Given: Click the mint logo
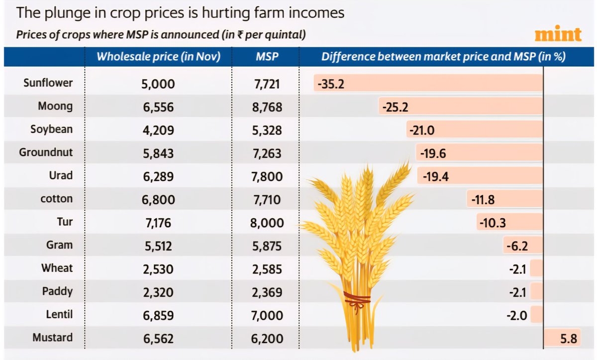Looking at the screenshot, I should click(x=558, y=34).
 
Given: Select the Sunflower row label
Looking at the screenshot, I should click(x=48, y=83).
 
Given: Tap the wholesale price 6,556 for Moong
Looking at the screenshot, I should click(x=157, y=107).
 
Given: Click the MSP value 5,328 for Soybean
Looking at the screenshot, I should click(x=268, y=130).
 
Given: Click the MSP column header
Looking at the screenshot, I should click(x=267, y=57).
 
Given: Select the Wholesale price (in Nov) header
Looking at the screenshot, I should click(x=158, y=57).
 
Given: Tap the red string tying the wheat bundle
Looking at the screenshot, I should click(x=357, y=299).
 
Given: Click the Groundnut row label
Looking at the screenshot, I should click(x=46, y=153).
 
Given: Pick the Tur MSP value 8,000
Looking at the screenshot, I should click(x=268, y=223).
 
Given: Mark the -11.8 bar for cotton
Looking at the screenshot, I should click(x=505, y=199).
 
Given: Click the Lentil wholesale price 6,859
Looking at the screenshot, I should click(x=157, y=315).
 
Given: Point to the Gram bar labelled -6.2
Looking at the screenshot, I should click(x=522, y=246).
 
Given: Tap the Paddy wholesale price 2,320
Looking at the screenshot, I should click(x=157, y=292).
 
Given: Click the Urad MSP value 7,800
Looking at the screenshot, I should click(x=268, y=176).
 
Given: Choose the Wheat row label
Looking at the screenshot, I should click(x=57, y=268).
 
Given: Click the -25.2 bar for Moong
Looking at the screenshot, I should click(x=460, y=106).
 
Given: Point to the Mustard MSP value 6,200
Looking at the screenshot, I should click(x=268, y=339).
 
